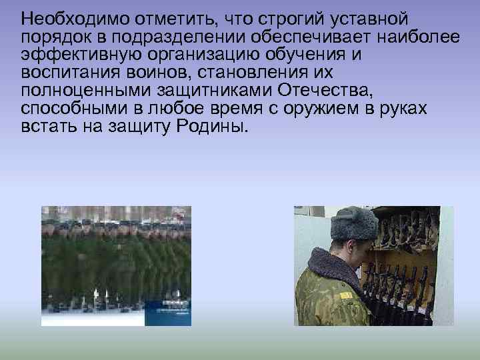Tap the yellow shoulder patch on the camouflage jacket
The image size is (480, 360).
point(345,295)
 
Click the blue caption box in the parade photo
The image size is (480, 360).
point(171,313)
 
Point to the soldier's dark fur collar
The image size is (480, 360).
point(333,270)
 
